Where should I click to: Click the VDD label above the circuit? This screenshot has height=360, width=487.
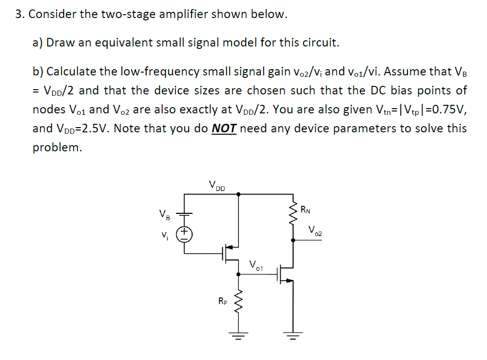[217, 185]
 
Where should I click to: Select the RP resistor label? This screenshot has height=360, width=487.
[222, 300]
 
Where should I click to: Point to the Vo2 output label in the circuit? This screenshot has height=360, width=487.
[315, 231]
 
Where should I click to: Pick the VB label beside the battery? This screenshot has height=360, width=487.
[164, 214]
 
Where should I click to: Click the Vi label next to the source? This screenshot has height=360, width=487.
[164, 234]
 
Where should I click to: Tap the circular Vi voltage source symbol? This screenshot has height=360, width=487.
[184, 234]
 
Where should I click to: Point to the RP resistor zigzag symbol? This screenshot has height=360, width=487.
[238, 301]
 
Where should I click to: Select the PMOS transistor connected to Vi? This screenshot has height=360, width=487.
[230, 254]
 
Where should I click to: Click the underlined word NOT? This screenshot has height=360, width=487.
[224, 129]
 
